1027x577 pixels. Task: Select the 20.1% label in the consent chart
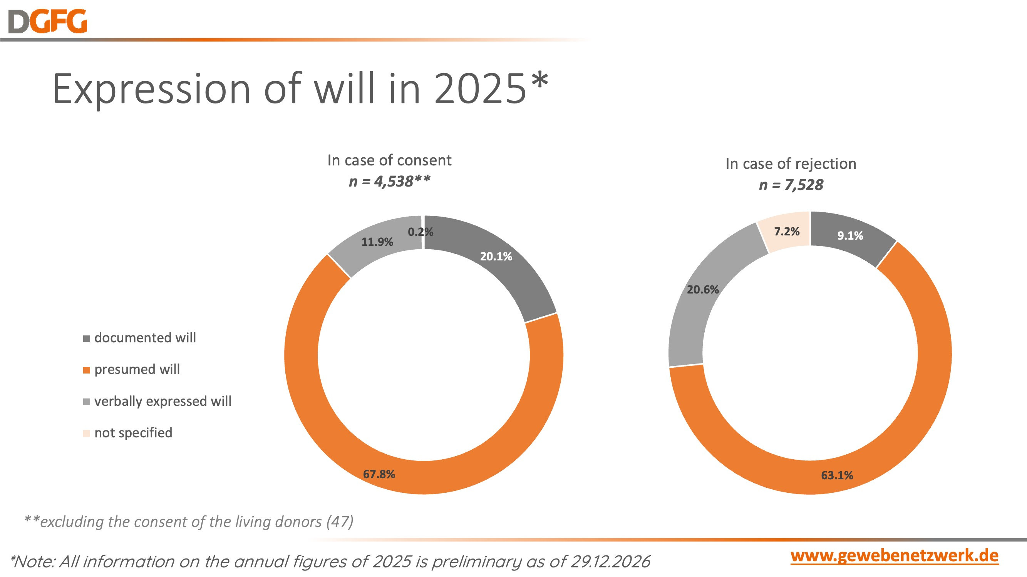[x=496, y=257]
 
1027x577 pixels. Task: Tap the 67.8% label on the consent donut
[x=379, y=474]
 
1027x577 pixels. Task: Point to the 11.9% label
[x=377, y=242]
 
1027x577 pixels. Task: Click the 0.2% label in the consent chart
[x=420, y=232]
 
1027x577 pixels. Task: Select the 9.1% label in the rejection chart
[x=850, y=236]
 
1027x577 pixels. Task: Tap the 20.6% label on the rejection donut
[x=702, y=290]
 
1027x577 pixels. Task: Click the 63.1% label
[x=837, y=475]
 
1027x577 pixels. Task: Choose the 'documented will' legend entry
[x=145, y=338]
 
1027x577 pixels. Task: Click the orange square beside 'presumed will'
[x=87, y=370]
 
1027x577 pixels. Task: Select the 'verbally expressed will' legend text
[x=163, y=401]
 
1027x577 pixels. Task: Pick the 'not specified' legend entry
[x=133, y=433]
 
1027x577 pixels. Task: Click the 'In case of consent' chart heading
[x=389, y=160]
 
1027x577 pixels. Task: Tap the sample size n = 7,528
[x=791, y=185]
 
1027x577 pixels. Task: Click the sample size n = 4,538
[x=389, y=182]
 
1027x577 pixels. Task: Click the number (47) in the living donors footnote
[x=340, y=522]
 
